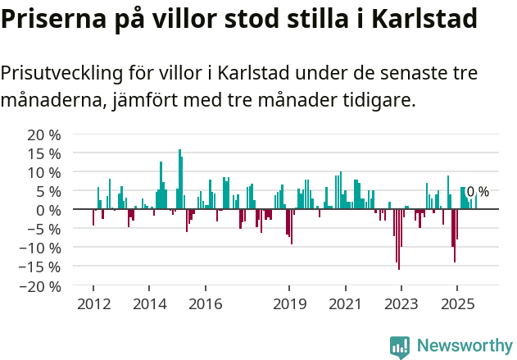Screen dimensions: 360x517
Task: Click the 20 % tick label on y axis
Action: [44, 134]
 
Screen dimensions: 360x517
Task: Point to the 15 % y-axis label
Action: [44, 153]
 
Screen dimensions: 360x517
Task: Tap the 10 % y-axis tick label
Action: [44, 172]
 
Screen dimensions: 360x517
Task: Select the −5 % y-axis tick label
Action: [42, 229]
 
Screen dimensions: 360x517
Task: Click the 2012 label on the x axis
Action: [93, 304]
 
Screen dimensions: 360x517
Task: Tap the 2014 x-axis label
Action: [148, 304]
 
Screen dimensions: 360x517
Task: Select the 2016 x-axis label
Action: [205, 304]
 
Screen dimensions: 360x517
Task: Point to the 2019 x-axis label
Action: [288, 304]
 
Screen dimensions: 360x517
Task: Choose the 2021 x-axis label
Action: [345, 304]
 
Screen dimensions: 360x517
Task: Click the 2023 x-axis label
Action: [401, 304]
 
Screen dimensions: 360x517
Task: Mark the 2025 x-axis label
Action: [456, 304]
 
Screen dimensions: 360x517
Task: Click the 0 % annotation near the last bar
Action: [478, 192]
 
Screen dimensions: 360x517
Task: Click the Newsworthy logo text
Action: [464, 345]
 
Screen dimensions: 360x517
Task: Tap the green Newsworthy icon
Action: [400, 346]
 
